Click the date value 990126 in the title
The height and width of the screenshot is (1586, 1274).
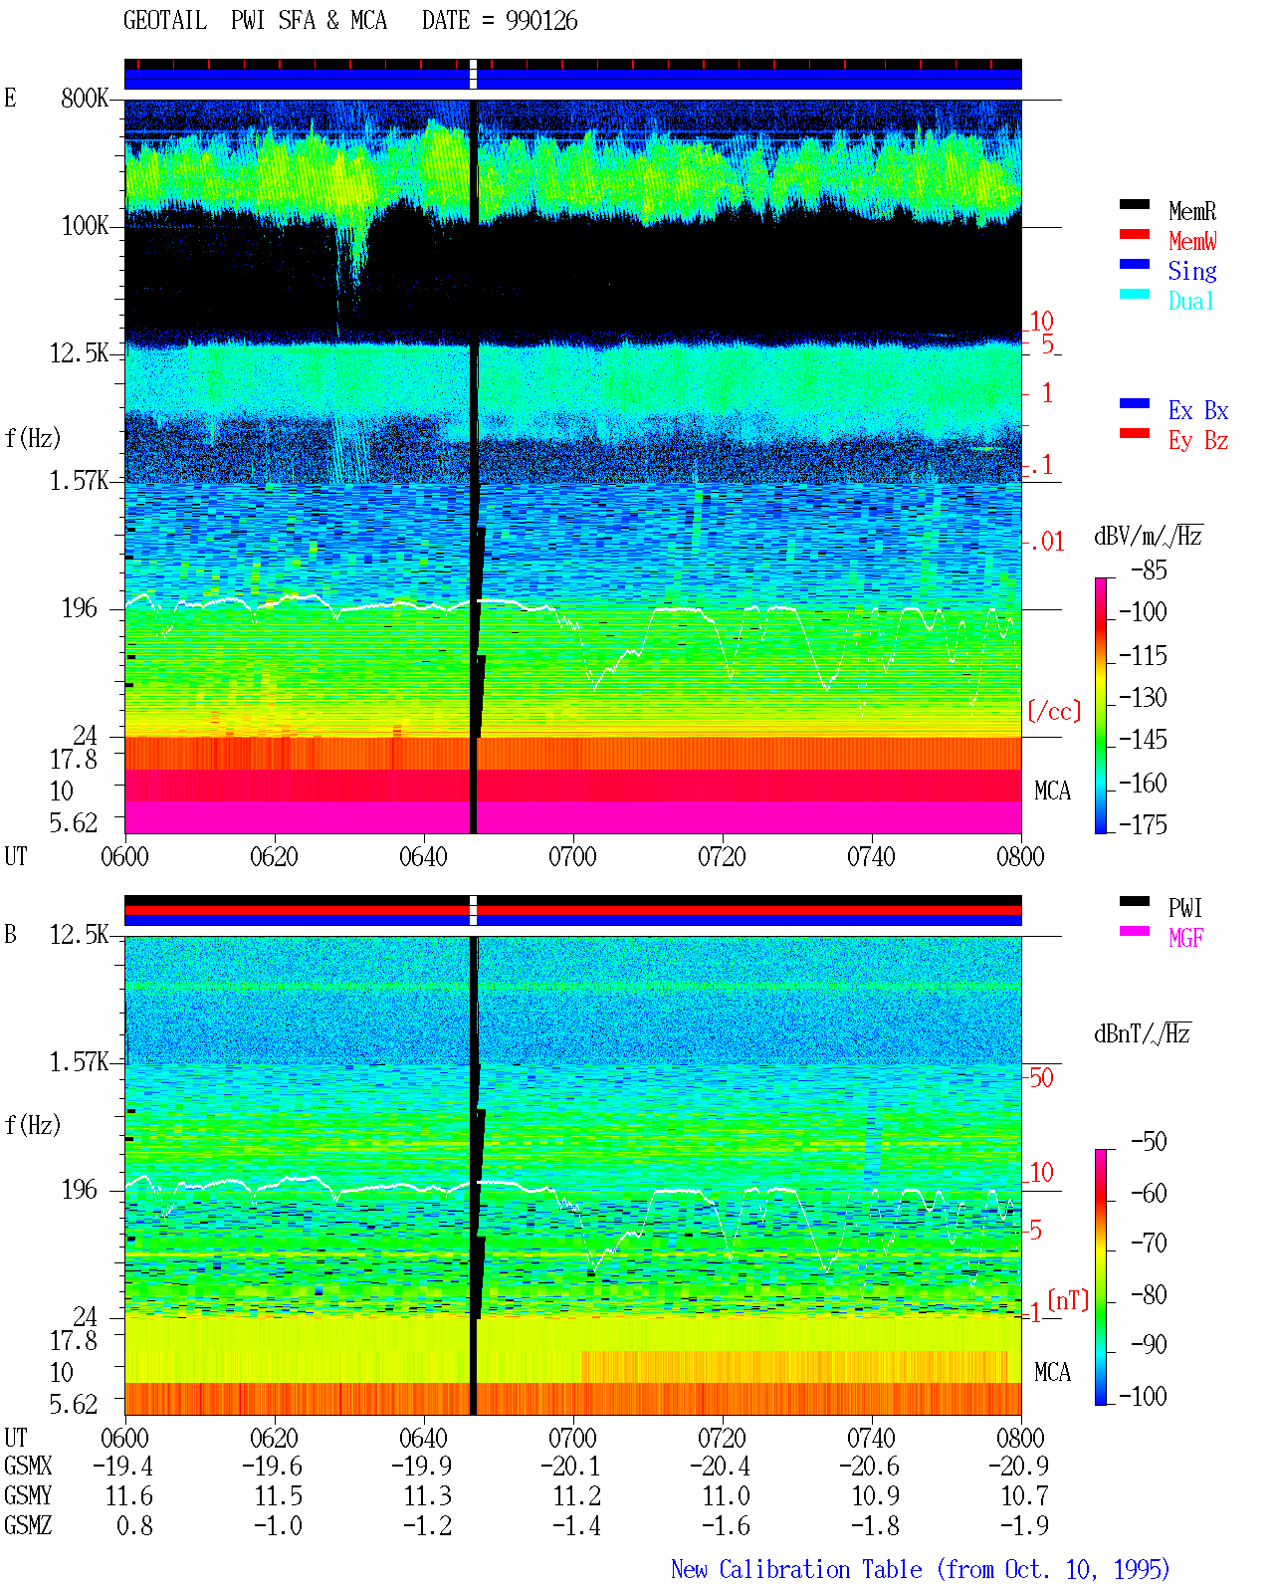(x=541, y=21)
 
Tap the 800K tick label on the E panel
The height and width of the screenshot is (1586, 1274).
(x=85, y=98)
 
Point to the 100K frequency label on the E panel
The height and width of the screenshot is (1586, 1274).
(x=85, y=226)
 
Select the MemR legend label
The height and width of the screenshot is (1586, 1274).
(x=1192, y=211)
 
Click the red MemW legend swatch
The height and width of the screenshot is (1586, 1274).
(x=1134, y=234)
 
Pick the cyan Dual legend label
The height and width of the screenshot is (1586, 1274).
(x=1190, y=301)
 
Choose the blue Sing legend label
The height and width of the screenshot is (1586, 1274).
(x=1192, y=271)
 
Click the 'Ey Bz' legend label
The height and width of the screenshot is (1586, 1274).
(x=1198, y=440)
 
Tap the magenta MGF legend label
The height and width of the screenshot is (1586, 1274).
(x=1185, y=938)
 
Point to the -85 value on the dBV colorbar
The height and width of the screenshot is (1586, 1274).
(x=1149, y=569)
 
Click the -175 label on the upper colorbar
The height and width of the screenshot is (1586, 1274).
(x=1143, y=824)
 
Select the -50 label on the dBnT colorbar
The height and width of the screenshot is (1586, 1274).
(x=1149, y=1142)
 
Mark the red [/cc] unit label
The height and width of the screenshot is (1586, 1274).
(x=1054, y=711)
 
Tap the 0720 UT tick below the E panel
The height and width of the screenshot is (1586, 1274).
(x=722, y=856)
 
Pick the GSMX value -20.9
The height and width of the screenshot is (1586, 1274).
(x=1018, y=1466)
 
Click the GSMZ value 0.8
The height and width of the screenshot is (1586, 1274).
(x=134, y=1525)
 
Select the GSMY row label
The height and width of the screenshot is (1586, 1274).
(x=28, y=1495)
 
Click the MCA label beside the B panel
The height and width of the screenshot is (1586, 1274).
(x=1052, y=1372)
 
